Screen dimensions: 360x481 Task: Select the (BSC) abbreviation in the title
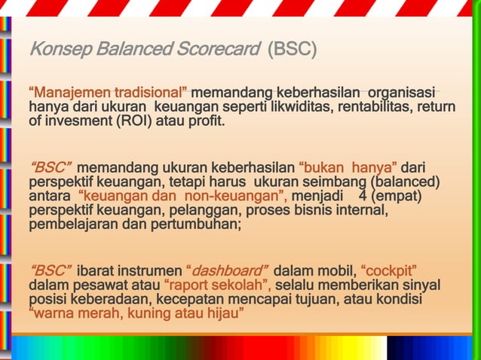click(292, 51)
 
